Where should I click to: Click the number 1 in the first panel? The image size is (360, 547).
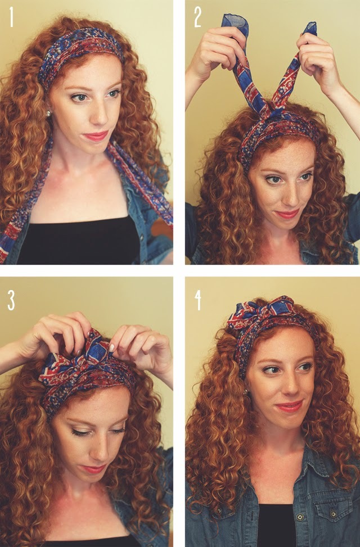11,17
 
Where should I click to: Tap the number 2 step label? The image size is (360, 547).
197,18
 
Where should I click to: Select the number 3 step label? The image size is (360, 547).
11,301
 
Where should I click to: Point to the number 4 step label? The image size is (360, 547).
198,301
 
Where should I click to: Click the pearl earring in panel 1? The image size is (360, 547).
48,113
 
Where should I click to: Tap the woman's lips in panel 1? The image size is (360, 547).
96,135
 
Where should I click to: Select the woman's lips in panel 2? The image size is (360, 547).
287,214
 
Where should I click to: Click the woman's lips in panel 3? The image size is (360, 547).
93,468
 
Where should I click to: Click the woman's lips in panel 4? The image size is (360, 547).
289,406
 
